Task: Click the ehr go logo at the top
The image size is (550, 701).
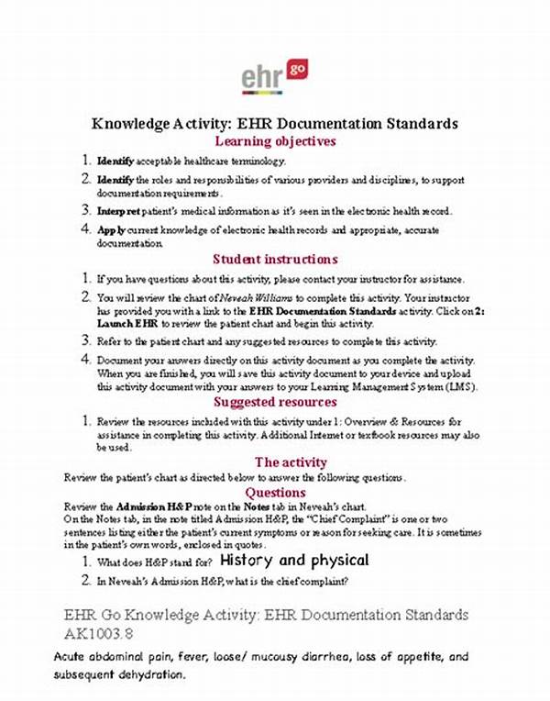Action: click(274, 77)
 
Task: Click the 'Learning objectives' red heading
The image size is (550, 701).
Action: click(275, 141)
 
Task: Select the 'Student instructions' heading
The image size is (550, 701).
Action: click(275, 259)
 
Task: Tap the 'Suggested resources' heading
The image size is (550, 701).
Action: click(275, 402)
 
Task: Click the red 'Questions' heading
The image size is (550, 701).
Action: click(275, 492)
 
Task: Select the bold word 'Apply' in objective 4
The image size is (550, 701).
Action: click(113, 228)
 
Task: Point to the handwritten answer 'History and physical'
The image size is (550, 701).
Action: click(295, 560)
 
